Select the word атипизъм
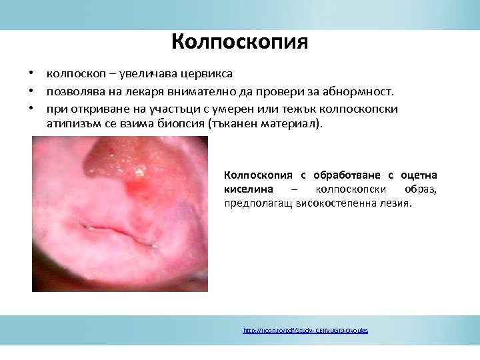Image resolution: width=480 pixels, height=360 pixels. [x=75, y=123]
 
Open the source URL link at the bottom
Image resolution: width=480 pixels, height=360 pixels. [x=305, y=331]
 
